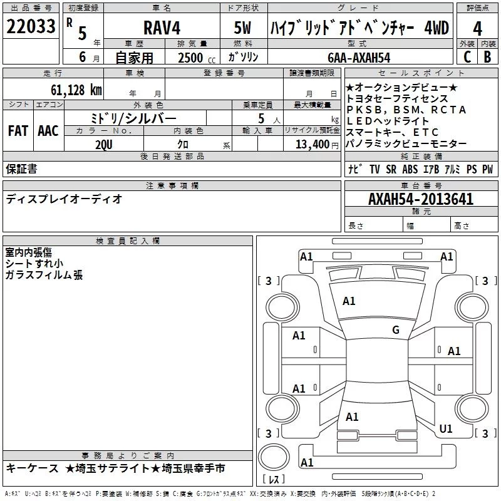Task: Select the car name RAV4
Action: coord(160,28)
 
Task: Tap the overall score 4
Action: coord(477,28)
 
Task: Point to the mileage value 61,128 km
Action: coord(70,90)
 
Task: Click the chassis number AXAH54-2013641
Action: coord(421,200)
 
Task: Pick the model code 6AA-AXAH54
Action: coord(359,57)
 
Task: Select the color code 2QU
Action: coord(104,144)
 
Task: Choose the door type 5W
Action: coord(244,28)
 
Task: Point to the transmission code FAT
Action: coord(18,131)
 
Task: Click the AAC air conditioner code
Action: coord(48,131)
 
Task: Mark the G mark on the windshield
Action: coord(396,330)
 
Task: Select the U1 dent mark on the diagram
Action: coord(446,429)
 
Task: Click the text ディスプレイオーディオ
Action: coord(64,199)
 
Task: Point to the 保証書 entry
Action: coord(21,169)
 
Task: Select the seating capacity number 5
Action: coord(260,118)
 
